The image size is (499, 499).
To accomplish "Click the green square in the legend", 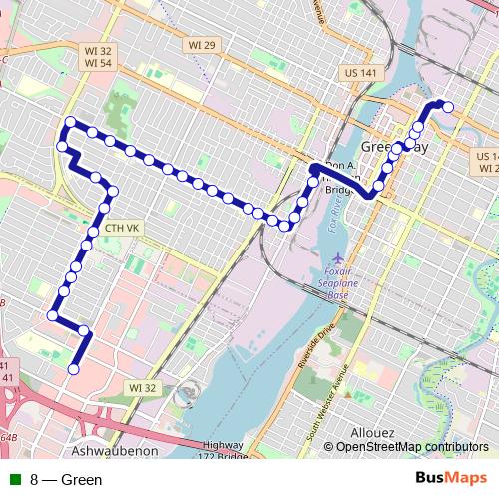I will point(15,480).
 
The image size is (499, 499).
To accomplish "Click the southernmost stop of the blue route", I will point(73,369).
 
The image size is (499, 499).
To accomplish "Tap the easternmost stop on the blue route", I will point(448,107).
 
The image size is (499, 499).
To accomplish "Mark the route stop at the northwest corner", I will point(70,123).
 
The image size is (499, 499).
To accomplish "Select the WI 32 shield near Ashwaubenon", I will point(141,387).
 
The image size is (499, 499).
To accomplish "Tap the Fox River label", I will point(336,213).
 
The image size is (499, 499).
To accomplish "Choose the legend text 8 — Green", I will point(66,480).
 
